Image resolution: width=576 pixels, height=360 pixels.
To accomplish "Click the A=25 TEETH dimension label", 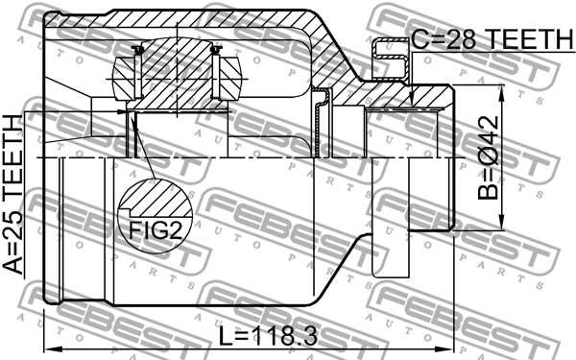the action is coord(13,195).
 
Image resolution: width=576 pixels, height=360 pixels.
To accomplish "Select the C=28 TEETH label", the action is coord(492,39).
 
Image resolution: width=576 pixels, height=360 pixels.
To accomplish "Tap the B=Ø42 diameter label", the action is coord(489,158).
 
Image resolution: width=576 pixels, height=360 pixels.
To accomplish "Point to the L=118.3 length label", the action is coord(268,336).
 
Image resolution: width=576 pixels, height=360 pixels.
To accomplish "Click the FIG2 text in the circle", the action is coord(156,230).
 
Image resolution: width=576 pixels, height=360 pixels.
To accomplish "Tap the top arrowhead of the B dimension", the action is coord(500,95).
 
